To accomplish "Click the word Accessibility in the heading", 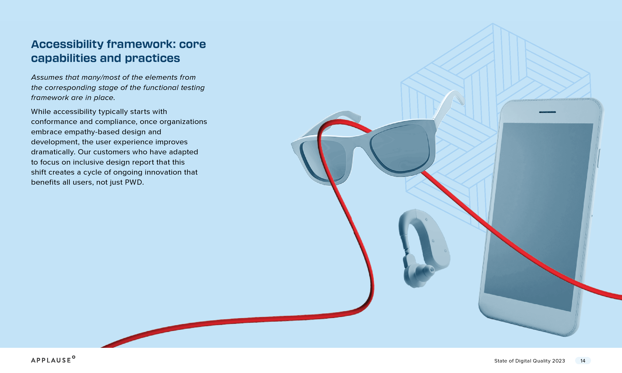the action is (x=67, y=45).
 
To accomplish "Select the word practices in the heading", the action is (x=152, y=58).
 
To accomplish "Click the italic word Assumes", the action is (x=47, y=77).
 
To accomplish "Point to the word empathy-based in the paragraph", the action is (x=92, y=132).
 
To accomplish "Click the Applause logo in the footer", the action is (x=53, y=359).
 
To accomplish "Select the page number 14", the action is (x=583, y=361).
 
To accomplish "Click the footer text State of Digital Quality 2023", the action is (x=529, y=361).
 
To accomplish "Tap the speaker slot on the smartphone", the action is (x=547, y=112).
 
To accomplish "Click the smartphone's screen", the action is (x=538, y=216).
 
